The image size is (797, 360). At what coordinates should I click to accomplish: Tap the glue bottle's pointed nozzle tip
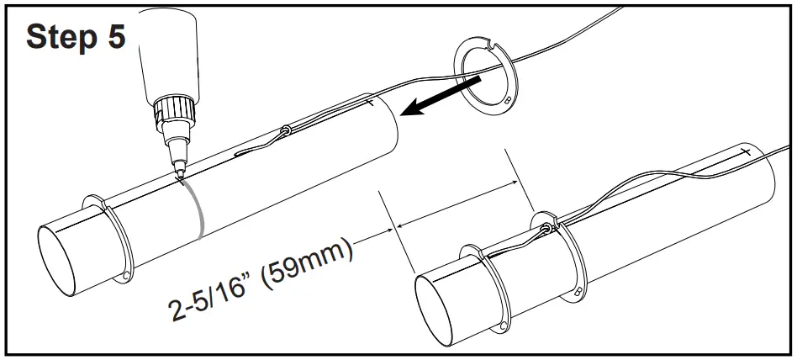click(179, 172)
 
